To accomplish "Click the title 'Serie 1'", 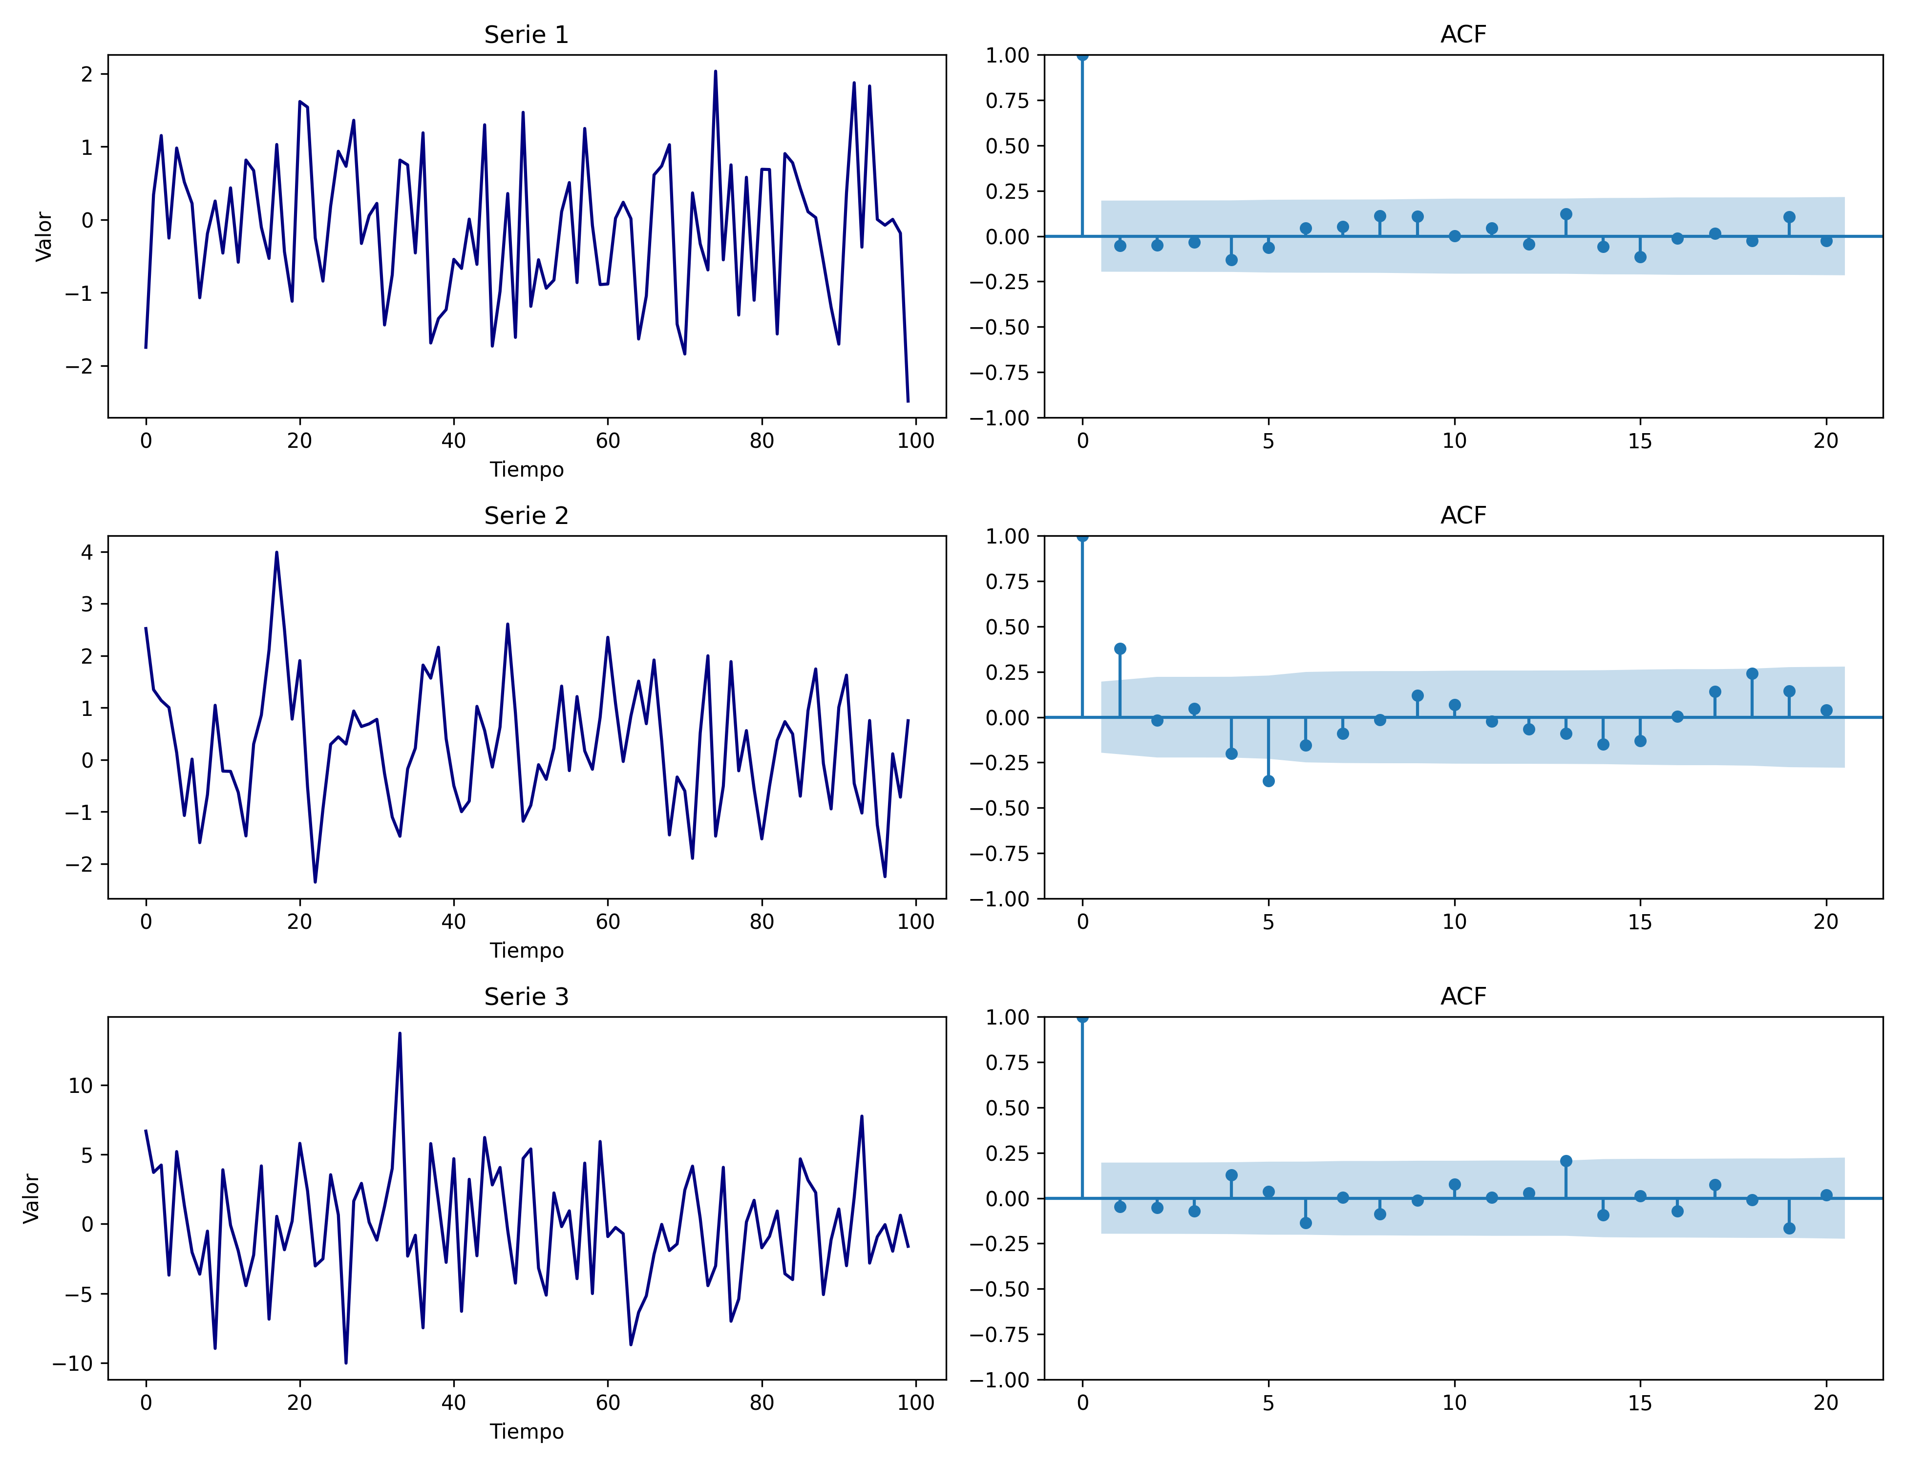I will [x=526, y=35].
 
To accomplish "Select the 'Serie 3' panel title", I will [x=526, y=997].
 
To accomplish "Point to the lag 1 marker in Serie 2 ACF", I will [x=1120, y=649].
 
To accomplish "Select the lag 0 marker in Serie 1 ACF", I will [x=1082, y=56].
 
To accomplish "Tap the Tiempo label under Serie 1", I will [x=526, y=470].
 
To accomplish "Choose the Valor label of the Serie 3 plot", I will [x=31, y=1198].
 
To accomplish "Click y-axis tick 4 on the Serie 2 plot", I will [x=86, y=552].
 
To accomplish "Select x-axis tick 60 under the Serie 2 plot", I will [x=608, y=922].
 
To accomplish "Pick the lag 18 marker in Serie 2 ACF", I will [x=1752, y=674].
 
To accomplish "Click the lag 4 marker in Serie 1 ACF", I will [x=1231, y=260].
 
